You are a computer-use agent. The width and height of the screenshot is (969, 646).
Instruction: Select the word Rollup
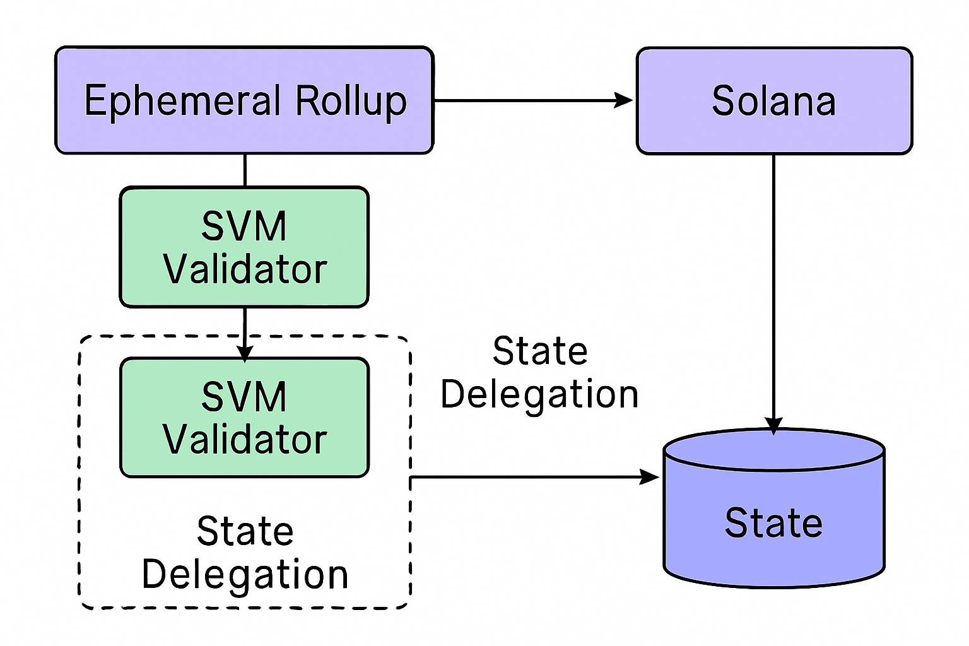[351, 101]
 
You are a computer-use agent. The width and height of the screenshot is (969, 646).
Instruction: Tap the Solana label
[773, 101]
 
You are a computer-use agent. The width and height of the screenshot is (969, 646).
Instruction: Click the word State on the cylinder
[773, 523]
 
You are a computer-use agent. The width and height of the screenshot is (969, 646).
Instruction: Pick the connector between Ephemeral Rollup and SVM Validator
[245, 170]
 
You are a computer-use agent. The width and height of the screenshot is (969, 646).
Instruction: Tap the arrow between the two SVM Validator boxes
[245, 331]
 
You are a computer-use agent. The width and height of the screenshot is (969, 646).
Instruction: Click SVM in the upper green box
[244, 226]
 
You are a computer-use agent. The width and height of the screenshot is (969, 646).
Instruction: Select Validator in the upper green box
[245, 269]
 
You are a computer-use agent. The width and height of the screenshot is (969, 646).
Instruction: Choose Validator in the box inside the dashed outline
[245, 440]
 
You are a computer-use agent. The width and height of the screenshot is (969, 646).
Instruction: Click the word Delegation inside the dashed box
[245, 575]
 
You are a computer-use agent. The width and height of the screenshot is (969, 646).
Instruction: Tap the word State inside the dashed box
[245, 531]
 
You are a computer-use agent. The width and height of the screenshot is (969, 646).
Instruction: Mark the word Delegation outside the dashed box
[539, 395]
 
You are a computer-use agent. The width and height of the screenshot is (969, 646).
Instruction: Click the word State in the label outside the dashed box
[540, 351]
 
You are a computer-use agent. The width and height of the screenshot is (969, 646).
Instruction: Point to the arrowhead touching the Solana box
[625, 100]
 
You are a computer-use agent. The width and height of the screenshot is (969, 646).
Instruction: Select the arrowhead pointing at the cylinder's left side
[650, 477]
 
